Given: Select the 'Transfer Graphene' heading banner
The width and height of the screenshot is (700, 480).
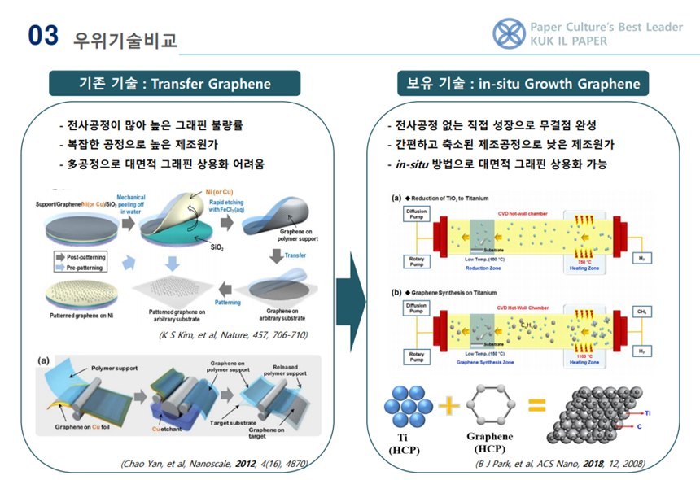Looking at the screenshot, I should point(174,83).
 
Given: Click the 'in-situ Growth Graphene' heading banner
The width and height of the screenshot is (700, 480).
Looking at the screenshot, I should point(523,83).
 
